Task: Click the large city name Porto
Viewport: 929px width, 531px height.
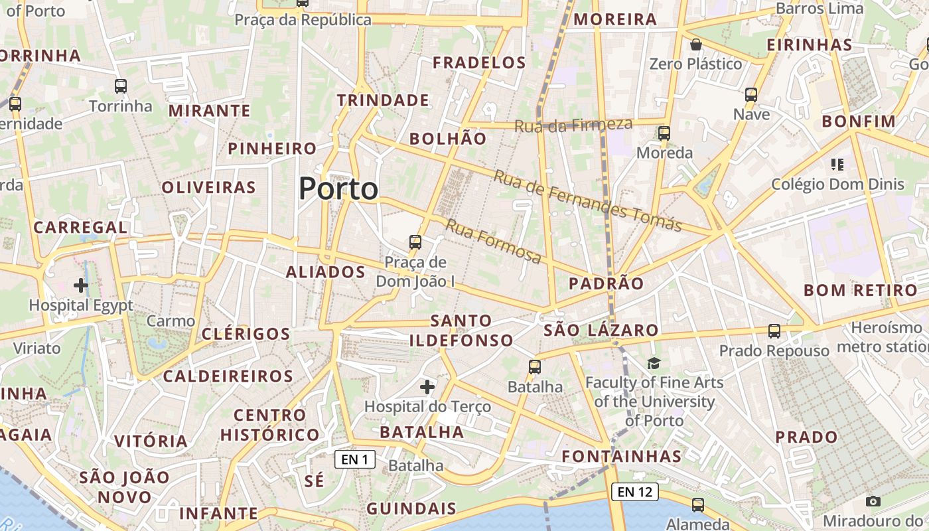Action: coord(338,189)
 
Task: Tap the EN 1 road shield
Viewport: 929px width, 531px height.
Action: coord(355,459)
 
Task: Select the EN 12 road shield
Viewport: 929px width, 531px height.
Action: coord(634,492)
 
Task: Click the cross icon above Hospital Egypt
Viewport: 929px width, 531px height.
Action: coord(81,285)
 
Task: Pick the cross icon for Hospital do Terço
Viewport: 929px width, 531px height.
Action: coord(427,386)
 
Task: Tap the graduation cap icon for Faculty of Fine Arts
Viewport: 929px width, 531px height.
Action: coord(654,363)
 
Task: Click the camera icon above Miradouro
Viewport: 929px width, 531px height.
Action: coord(873,502)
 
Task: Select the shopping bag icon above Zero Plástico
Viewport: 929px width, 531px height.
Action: coord(695,44)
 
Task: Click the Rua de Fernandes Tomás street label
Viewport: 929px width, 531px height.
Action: coord(587,200)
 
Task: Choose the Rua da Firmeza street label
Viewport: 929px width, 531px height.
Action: coord(573,125)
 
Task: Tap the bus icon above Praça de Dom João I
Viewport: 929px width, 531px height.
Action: coord(415,242)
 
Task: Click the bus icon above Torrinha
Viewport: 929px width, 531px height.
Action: coord(121,86)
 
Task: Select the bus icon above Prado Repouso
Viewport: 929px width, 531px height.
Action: coord(774,331)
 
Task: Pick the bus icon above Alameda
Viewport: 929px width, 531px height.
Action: coord(697,504)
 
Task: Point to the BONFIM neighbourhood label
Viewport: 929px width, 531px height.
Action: coord(859,121)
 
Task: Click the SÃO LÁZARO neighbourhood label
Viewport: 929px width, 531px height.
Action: coord(601,330)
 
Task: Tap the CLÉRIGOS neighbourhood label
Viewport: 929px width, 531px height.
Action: coord(246,334)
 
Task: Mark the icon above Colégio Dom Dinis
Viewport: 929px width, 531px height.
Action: coord(837,164)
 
